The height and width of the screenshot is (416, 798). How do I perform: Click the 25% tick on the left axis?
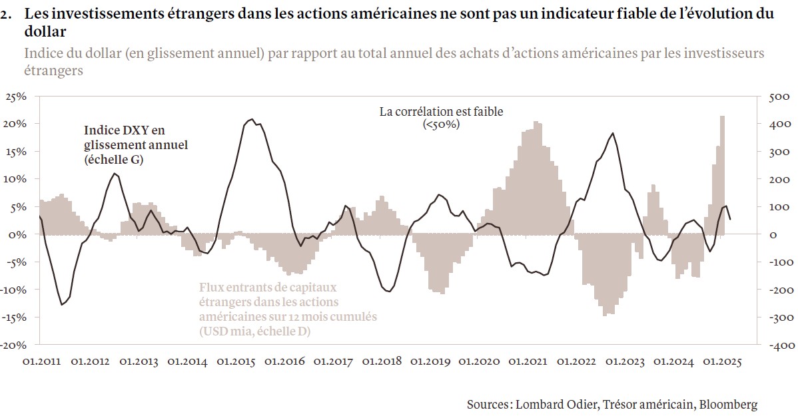click(15, 97)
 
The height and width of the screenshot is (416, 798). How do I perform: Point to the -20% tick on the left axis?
click(14, 345)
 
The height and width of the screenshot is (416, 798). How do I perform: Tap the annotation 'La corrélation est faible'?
click(441, 112)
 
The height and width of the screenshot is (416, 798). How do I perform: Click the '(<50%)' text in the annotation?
click(441, 124)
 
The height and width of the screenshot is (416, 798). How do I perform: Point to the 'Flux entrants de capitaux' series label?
click(267, 288)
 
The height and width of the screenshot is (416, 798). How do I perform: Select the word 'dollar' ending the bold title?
click(45, 31)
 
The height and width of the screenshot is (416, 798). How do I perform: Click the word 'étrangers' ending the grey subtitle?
click(53, 70)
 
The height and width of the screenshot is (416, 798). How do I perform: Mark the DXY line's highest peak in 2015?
click(250, 120)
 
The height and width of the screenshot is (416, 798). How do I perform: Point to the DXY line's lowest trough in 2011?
click(62, 305)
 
